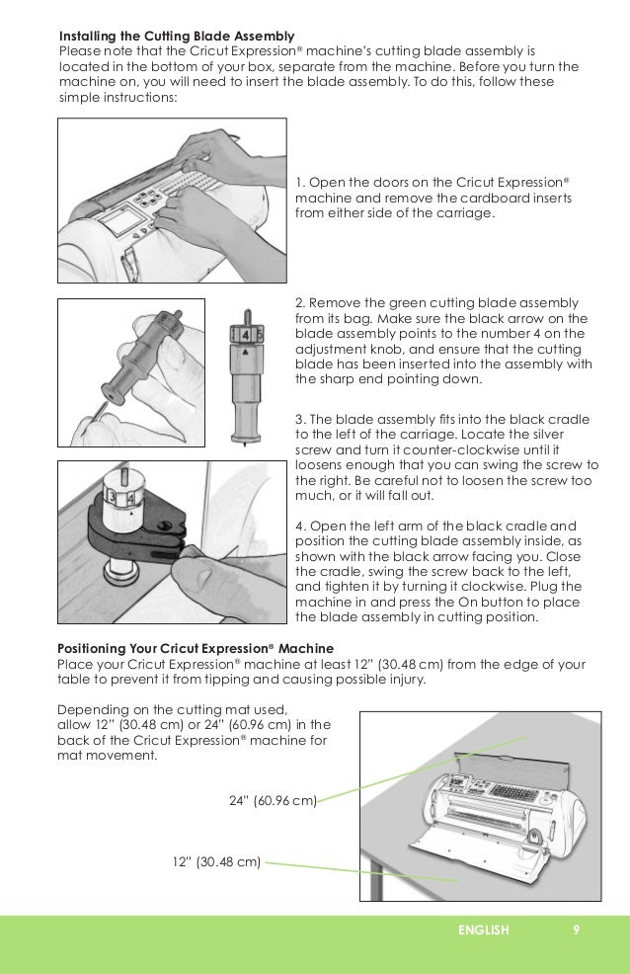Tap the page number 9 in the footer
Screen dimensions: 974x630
pyautogui.click(x=576, y=930)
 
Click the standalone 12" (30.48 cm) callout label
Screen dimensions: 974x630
pyautogui.click(x=216, y=861)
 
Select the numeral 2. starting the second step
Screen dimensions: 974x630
pyautogui.click(x=301, y=302)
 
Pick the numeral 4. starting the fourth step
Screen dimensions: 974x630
pyautogui.click(x=301, y=525)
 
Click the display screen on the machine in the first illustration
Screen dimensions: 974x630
pyautogui.click(x=123, y=218)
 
